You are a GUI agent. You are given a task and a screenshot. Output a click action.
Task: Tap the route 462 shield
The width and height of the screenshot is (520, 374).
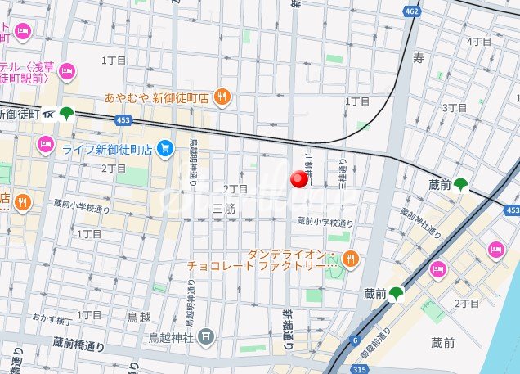(411, 11)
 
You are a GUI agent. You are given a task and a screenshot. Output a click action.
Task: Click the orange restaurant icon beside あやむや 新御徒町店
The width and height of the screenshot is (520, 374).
(222, 98)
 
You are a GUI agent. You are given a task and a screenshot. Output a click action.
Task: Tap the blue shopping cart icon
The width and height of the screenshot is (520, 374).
(165, 148)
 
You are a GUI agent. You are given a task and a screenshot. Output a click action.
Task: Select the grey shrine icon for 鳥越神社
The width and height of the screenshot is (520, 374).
(207, 336)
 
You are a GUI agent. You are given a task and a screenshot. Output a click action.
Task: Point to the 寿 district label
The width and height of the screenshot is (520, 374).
(418, 58)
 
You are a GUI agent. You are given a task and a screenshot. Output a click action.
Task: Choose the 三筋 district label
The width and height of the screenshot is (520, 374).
(223, 208)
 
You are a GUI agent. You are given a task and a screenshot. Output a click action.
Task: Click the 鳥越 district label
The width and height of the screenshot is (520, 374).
(138, 316)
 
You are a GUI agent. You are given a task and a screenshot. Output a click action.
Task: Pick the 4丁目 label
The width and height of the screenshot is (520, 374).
(478, 42)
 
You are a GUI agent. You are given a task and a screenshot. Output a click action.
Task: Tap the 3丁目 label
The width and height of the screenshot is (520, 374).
(454, 107)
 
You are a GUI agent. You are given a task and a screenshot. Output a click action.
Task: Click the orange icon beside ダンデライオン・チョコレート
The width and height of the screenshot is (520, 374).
(351, 259)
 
